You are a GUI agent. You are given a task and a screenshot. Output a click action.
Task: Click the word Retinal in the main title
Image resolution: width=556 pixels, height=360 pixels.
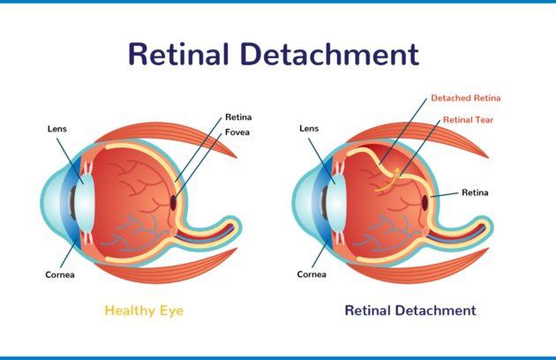[x=178, y=54]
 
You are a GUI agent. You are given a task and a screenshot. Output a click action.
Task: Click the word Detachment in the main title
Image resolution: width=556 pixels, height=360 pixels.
[x=330, y=54]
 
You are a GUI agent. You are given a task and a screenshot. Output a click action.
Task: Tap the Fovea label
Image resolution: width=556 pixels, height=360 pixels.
[x=237, y=132]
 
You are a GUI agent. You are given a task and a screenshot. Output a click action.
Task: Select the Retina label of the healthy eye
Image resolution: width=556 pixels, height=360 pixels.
[x=238, y=117]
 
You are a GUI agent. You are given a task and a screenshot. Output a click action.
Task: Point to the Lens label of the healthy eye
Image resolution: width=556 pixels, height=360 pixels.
[x=57, y=129]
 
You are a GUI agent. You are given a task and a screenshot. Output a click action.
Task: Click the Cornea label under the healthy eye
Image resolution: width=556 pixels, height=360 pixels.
[x=60, y=275]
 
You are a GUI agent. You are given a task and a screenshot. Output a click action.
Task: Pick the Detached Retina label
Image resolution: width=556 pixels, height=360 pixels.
[x=466, y=98]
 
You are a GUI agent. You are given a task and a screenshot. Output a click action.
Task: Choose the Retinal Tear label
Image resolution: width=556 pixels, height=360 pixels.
[x=468, y=120]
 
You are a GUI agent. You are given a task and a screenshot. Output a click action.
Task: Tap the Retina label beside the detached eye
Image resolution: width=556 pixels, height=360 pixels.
[x=475, y=192]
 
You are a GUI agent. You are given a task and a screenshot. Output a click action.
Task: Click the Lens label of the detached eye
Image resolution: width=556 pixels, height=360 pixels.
[x=309, y=129]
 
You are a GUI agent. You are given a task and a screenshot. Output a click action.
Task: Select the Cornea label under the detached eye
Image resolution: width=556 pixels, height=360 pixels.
[x=312, y=274]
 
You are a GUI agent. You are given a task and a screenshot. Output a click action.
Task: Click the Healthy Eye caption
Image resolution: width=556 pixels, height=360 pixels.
[x=144, y=311]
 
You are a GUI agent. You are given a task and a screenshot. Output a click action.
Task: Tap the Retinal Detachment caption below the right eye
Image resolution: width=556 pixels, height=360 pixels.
[x=410, y=311]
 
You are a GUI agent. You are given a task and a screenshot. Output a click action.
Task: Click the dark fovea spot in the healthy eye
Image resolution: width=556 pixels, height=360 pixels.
[x=173, y=203]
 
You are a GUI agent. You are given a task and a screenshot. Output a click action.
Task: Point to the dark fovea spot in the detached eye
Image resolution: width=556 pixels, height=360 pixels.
[x=425, y=203]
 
